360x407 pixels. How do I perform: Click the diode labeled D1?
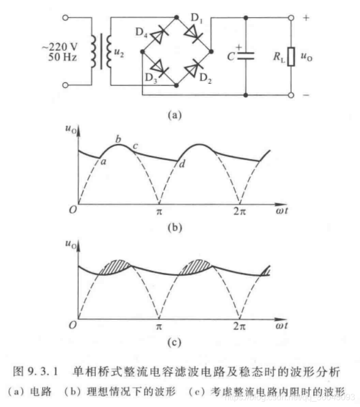point(193,34)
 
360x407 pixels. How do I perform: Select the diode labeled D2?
point(193,69)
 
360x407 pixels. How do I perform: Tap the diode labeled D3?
point(159,69)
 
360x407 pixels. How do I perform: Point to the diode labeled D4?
point(159,35)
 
